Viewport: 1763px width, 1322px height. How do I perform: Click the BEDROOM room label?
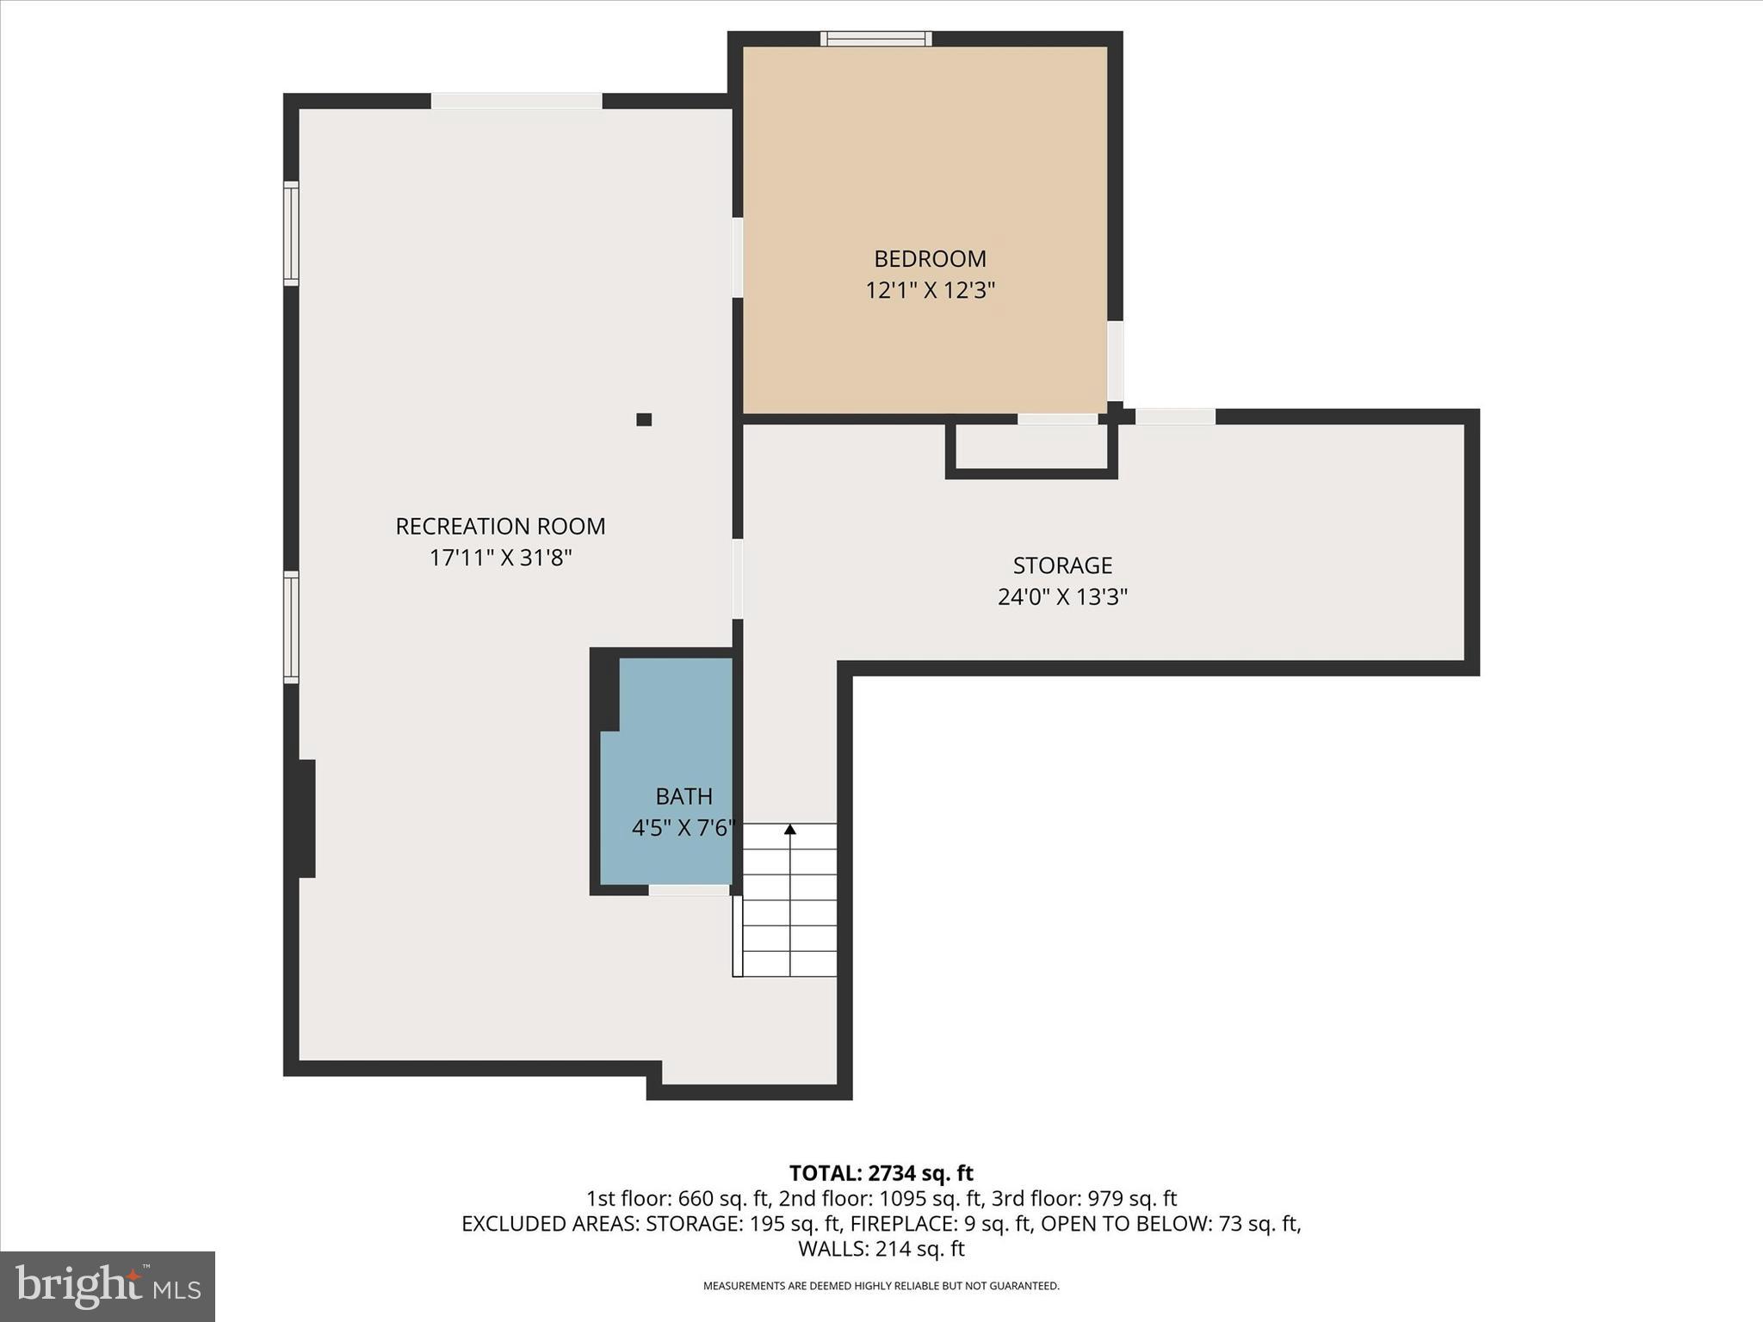pyautogui.click(x=930, y=258)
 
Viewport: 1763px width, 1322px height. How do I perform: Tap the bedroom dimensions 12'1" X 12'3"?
pyautogui.click(x=930, y=290)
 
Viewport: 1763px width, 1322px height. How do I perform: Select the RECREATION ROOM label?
pyautogui.click(x=500, y=526)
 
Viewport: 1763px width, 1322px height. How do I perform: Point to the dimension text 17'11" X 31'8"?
pyautogui.click(x=500, y=558)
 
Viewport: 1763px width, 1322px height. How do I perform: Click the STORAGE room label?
pyautogui.click(x=1062, y=565)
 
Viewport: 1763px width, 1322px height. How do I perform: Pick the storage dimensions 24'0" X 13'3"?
pyautogui.click(x=1062, y=596)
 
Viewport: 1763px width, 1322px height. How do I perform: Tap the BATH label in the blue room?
pyautogui.click(x=684, y=796)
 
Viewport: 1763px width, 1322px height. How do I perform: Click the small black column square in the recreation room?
pyautogui.click(x=644, y=420)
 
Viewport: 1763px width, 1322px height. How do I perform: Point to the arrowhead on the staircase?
pyautogui.click(x=789, y=830)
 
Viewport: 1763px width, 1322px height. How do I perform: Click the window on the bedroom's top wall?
pyautogui.click(x=875, y=39)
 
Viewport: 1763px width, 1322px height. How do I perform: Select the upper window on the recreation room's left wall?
pyautogui.click(x=292, y=232)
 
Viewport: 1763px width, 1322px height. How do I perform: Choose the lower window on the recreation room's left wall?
pyautogui.click(x=292, y=627)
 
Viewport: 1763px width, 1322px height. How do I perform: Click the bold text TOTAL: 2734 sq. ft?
pyautogui.click(x=881, y=1173)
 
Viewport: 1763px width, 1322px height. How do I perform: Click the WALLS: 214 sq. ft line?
pyautogui.click(x=881, y=1249)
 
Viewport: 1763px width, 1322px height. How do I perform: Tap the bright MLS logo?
pyautogui.click(x=108, y=1286)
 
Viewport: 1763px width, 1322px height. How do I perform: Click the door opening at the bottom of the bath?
pyautogui.click(x=689, y=889)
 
